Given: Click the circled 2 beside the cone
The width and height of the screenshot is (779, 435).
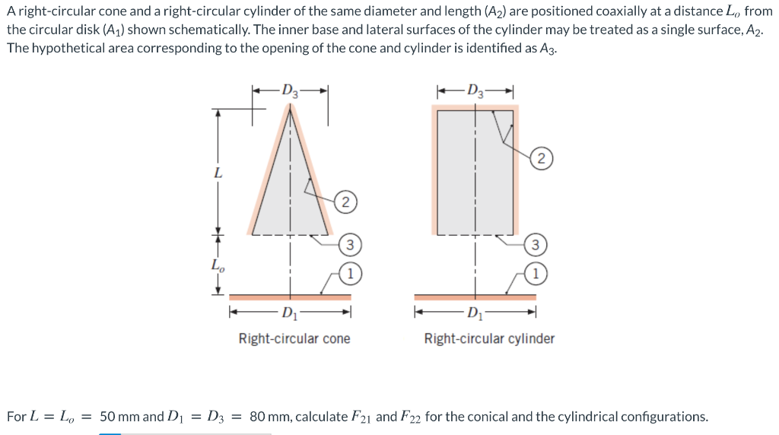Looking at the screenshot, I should click(x=345, y=202).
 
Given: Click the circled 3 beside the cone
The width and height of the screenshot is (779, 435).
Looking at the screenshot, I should click(x=350, y=245).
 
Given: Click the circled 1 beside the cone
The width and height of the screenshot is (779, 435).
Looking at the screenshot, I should click(x=350, y=272).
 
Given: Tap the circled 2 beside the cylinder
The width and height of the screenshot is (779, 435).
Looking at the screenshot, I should click(x=540, y=159).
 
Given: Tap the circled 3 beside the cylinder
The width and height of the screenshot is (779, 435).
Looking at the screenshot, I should click(x=536, y=245).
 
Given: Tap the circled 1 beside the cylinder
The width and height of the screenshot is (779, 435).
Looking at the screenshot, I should click(x=536, y=272).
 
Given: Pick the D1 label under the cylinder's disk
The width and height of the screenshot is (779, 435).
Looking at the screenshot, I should click(x=475, y=313).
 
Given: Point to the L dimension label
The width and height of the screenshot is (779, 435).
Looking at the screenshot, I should click(x=218, y=173).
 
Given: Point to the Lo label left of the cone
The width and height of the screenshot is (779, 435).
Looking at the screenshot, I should click(x=218, y=265).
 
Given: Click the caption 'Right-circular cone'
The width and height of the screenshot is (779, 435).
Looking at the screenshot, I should click(x=294, y=338).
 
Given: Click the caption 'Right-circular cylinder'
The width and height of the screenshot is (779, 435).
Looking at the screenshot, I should click(x=489, y=338).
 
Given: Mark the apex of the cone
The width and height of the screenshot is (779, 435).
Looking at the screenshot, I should click(x=289, y=106).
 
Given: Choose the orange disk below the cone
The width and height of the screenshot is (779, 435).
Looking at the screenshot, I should click(x=289, y=296).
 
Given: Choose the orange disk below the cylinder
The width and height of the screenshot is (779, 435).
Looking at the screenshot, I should click(x=475, y=296).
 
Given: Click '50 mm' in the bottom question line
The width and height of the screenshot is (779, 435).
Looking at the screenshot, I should click(x=119, y=417).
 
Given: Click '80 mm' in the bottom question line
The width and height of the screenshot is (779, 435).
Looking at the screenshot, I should click(x=269, y=417).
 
